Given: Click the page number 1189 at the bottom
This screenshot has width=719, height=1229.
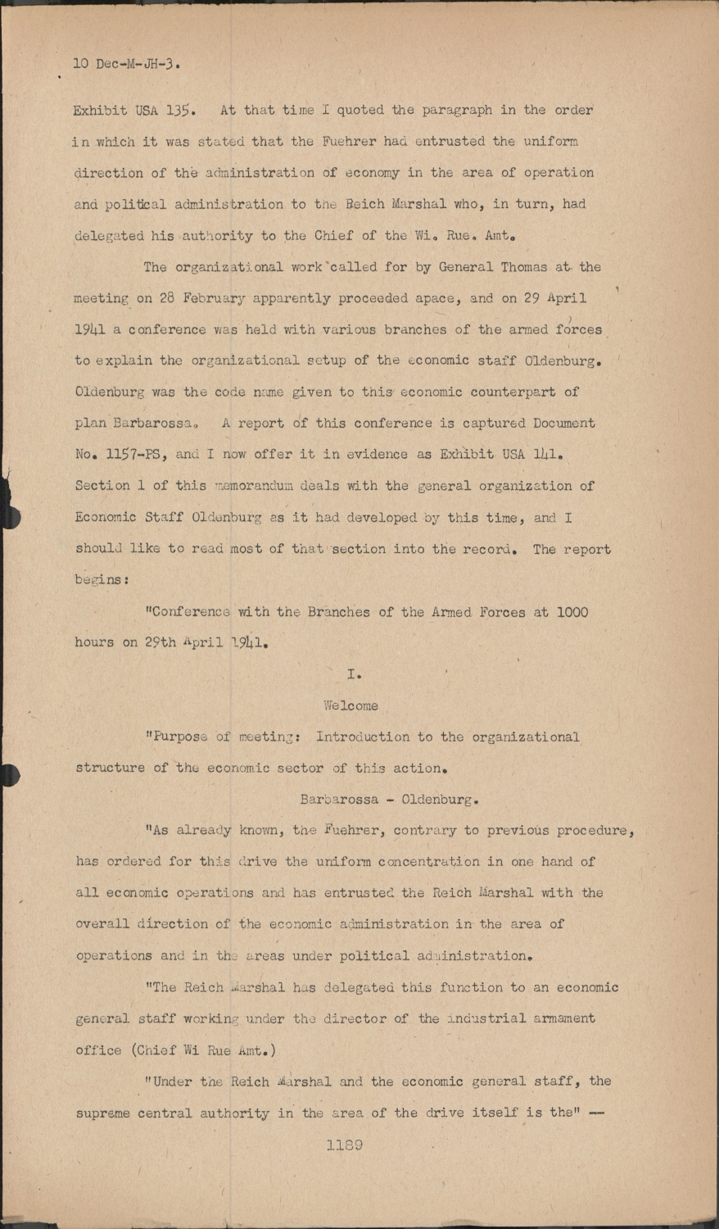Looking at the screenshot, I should coord(344,1145).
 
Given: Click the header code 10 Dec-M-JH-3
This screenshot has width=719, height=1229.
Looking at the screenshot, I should coord(127,62).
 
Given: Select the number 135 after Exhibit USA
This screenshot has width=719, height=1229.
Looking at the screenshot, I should coord(180,110).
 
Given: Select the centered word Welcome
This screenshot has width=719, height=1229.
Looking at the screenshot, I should coord(350,705).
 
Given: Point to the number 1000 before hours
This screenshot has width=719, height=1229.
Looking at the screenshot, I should coord(572,611).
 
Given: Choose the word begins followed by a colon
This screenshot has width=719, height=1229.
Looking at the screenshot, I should coord(101,579).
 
